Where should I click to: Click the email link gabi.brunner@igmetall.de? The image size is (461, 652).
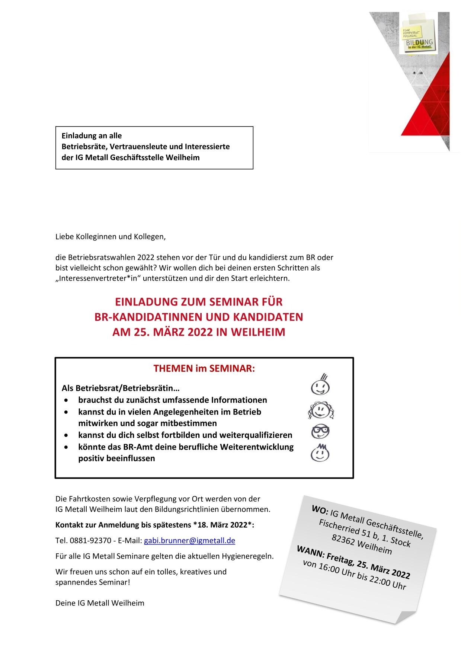(x=189, y=540)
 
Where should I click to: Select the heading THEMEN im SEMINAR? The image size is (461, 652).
(x=204, y=368)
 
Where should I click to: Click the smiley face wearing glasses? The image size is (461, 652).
(x=320, y=431)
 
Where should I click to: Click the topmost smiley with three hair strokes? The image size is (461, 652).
(x=320, y=385)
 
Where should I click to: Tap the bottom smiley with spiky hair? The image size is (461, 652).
(x=320, y=453)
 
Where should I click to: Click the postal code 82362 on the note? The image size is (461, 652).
(x=342, y=540)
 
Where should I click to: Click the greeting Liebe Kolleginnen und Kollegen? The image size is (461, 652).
(x=110, y=236)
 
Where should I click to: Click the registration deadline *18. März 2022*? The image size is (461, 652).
(x=224, y=525)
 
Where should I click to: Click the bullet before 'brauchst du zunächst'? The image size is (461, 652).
(x=66, y=400)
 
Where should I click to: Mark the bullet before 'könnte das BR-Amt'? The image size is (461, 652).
(x=66, y=447)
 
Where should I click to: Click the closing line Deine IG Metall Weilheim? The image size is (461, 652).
(x=100, y=603)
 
